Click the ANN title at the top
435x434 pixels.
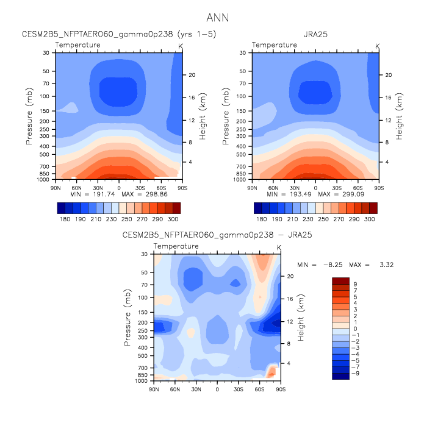click(218, 17)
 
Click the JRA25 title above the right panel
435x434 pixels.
click(315, 35)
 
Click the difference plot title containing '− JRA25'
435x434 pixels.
click(217, 235)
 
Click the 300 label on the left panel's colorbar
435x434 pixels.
click(173, 218)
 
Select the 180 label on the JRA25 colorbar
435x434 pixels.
click(261, 218)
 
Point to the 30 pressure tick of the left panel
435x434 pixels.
click(46, 53)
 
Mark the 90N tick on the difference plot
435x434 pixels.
click(154, 389)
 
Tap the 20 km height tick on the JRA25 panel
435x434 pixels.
click(388, 75)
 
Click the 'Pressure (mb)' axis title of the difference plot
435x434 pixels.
click(128, 317)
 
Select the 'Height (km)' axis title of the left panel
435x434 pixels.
click(203, 116)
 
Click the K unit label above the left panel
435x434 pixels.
click(181, 46)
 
